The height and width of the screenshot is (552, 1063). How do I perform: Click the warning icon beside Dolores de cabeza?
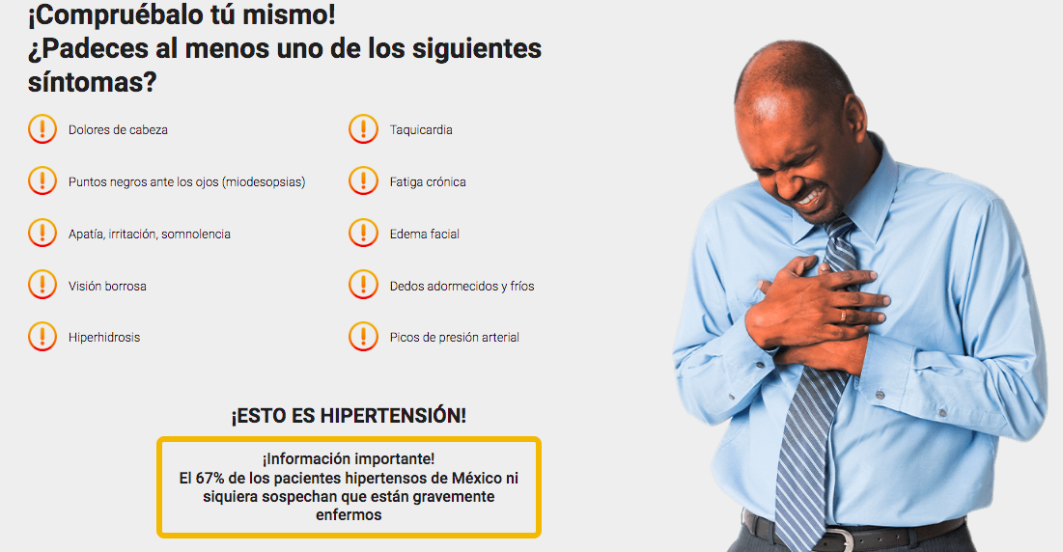tap(42, 129)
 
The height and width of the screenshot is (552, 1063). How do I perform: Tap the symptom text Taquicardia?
tap(421, 130)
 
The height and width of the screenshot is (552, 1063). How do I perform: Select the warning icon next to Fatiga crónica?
tap(363, 180)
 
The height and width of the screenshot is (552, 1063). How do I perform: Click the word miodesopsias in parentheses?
tap(264, 182)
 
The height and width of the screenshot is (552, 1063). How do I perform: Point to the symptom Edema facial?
tap(425, 234)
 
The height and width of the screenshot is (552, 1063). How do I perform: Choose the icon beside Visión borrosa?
tap(42, 285)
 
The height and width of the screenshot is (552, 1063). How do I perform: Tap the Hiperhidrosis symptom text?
tap(104, 338)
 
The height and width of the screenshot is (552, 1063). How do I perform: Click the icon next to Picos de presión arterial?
tap(363, 337)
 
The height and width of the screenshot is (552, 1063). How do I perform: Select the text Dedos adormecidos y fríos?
tap(462, 286)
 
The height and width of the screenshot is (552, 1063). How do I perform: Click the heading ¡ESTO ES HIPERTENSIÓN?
tap(349, 415)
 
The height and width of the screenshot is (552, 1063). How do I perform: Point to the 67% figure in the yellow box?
tap(210, 478)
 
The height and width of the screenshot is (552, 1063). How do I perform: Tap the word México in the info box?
tap(476, 478)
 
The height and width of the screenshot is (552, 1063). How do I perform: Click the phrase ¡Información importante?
tap(349, 459)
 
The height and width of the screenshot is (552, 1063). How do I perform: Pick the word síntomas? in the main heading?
tap(92, 82)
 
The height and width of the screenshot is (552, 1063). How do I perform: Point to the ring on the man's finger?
tap(843, 316)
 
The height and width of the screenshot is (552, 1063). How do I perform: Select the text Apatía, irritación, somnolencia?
tap(149, 234)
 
